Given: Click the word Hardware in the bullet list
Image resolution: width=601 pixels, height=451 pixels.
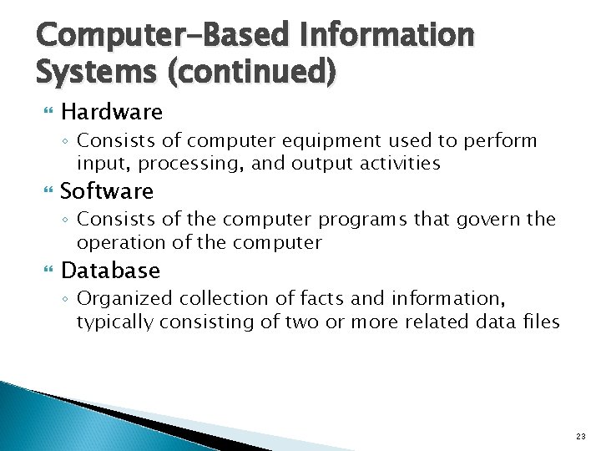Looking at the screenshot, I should tap(112, 112).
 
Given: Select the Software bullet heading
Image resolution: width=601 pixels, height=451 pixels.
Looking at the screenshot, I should tap(107, 191).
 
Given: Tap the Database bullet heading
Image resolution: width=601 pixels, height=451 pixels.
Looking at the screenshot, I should tap(110, 271).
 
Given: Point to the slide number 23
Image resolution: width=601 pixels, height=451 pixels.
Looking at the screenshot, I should tap(580, 437).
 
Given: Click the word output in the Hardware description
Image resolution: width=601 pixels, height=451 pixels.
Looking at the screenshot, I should tap(320, 163).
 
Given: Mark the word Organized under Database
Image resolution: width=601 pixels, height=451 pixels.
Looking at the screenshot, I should tap(119, 299).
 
